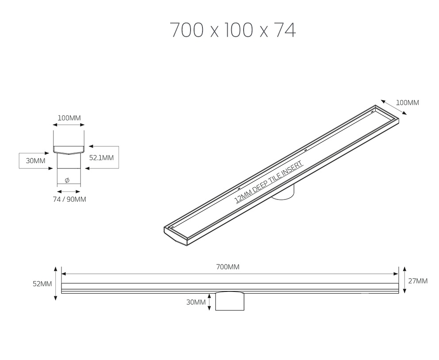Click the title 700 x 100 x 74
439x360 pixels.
(233, 30)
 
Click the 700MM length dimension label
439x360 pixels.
(228, 267)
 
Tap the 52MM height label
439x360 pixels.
(42, 284)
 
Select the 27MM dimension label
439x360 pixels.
(418, 281)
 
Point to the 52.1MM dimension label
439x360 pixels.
(101, 158)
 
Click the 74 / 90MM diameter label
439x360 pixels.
(69, 199)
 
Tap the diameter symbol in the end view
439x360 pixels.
(67, 180)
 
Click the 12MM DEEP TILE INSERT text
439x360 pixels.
(269, 182)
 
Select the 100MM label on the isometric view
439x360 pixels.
(407, 103)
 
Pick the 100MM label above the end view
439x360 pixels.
(69, 118)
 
